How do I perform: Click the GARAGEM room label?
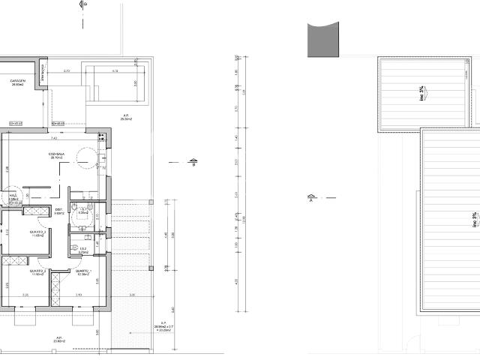(x=17, y=82)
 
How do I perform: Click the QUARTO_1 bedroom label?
(x=37, y=233)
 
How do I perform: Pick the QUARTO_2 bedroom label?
(x=83, y=271)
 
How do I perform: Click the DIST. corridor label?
(x=59, y=211)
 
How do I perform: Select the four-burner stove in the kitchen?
(x=103, y=159)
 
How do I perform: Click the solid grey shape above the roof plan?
(x=324, y=39)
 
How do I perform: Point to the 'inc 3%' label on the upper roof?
(x=421, y=94)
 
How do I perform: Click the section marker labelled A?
(x=310, y=199)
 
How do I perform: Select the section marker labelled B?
(x=193, y=163)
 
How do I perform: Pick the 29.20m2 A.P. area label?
(x=127, y=118)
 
